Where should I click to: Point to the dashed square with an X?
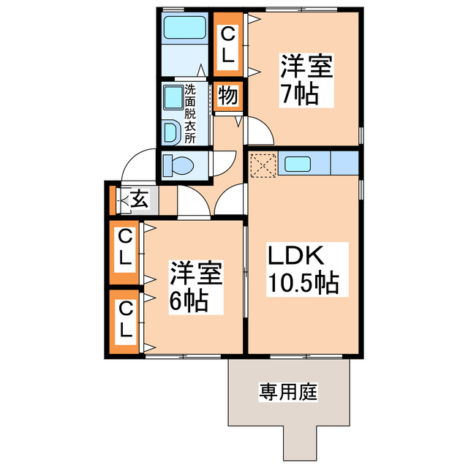click(x=260, y=165)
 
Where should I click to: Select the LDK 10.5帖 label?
click(x=302, y=268)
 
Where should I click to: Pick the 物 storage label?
click(x=227, y=96)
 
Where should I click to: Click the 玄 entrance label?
click(x=139, y=199)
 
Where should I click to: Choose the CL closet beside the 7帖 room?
click(x=228, y=43)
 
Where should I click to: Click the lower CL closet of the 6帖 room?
click(x=126, y=322)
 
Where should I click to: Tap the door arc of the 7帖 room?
click(x=260, y=132)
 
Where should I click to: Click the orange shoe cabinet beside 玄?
click(x=113, y=200)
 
